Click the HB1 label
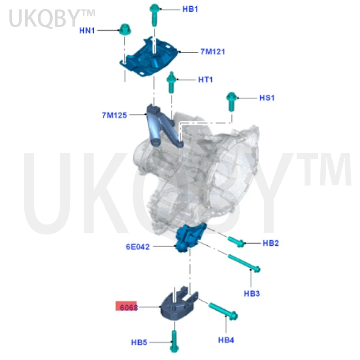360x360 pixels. tap(190, 9)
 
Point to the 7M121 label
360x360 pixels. tap(212, 52)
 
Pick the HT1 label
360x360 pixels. tap(205, 80)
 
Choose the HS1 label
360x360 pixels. tap(266, 98)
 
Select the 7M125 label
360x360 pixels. tap(115, 116)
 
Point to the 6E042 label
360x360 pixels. tap(138, 246)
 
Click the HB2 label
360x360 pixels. tap(270, 243)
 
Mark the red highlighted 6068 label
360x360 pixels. tap(126, 307)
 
